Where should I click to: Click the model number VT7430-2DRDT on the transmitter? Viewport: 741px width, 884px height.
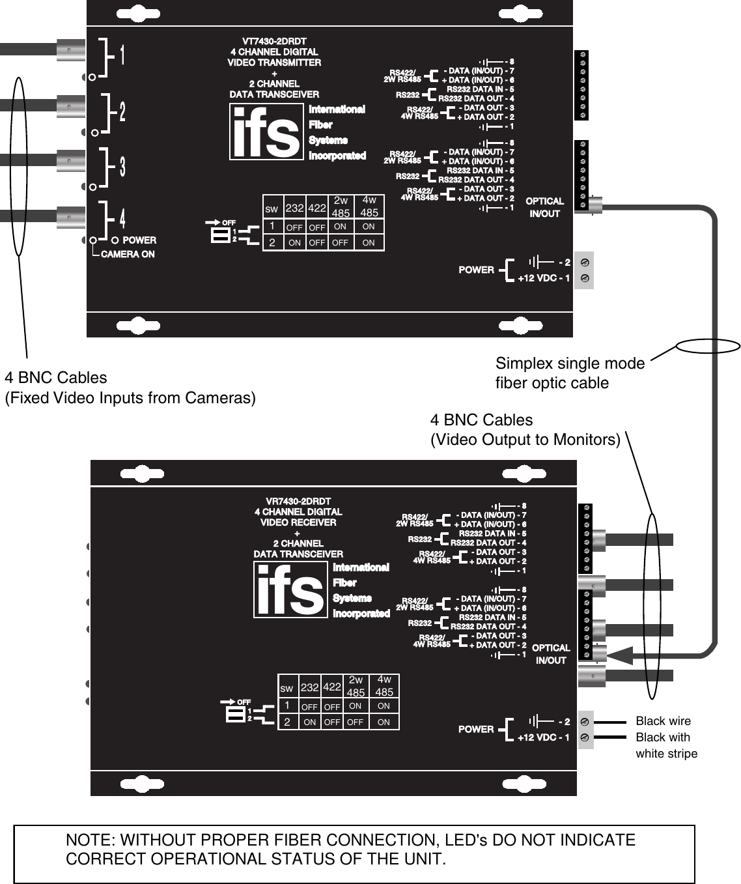(274, 41)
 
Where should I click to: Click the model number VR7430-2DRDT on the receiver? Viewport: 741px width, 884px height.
(298, 501)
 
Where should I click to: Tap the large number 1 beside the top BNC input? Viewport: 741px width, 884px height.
(122, 55)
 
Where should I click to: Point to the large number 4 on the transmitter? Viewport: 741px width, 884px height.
(122, 216)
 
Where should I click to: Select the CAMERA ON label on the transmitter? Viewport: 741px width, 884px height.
(128, 254)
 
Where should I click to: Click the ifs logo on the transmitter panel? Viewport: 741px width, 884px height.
(266, 132)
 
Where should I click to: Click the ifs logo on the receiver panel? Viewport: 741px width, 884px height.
(290, 590)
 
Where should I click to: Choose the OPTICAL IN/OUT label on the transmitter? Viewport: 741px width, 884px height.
(544, 207)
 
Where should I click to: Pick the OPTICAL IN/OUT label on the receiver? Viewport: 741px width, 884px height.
(551, 654)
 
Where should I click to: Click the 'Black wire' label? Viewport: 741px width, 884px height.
(663, 721)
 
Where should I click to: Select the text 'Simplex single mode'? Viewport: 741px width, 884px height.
(570, 364)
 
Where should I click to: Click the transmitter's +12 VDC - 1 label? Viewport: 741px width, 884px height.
(544, 278)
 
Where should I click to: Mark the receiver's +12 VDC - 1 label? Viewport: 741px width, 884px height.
(544, 737)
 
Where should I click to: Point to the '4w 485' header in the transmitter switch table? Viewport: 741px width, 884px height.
(369, 207)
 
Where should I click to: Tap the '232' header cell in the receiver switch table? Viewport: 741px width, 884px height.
(310, 687)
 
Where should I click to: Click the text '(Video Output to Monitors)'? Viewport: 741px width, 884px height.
(525, 440)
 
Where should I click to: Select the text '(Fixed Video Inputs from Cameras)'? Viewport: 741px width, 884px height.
(130, 397)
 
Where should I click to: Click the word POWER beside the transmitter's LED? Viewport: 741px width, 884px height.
(139, 240)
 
